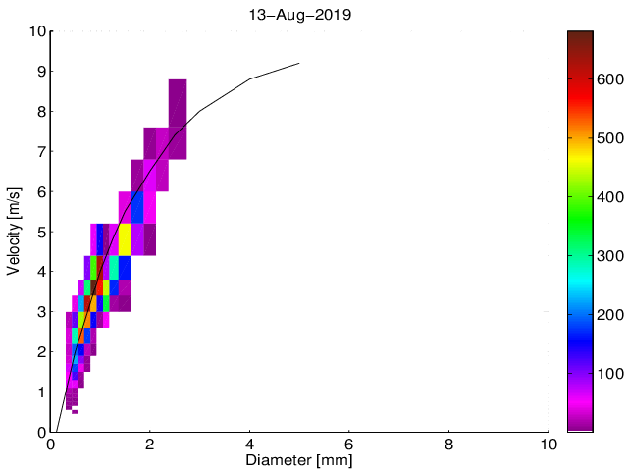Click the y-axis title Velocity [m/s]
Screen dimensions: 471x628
pos(14,232)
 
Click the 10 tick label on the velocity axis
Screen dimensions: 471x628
pos(36,31)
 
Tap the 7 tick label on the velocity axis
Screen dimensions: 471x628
pos(40,152)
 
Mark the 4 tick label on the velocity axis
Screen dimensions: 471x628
pos(40,272)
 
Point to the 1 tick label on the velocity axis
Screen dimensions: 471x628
pos(40,392)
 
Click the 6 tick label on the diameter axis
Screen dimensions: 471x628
pos(349,444)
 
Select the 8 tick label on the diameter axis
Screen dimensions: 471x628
pos(449,444)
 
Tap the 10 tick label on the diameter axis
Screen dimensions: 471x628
pos(549,444)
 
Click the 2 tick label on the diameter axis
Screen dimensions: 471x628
pos(150,444)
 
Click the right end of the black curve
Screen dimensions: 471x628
pos(298,63)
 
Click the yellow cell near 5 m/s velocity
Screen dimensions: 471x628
pos(126,238)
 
